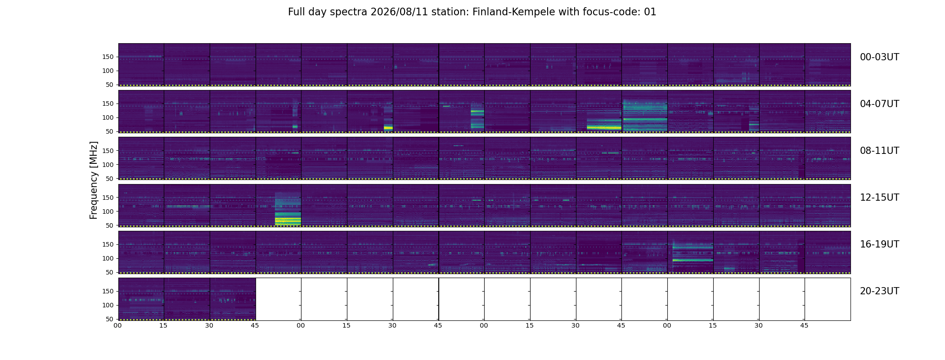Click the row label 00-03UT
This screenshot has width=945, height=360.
coord(879,57)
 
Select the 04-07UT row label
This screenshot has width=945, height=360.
coord(879,104)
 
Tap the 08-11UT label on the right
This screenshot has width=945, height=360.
coord(879,151)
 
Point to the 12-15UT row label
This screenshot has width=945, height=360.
coord(879,198)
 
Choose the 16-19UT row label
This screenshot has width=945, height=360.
coord(879,244)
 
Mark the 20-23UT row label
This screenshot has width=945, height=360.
coord(879,291)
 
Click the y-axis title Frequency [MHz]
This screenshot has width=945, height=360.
coord(94,180)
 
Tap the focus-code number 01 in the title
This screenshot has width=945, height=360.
coord(650,12)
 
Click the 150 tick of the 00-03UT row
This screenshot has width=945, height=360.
coord(108,57)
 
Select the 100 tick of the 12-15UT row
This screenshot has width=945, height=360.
coord(108,211)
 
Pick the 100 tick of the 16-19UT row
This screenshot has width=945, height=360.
coord(108,258)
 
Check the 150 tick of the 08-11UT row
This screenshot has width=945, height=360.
coord(108,151)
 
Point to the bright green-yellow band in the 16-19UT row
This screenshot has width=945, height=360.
coord(693,260)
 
